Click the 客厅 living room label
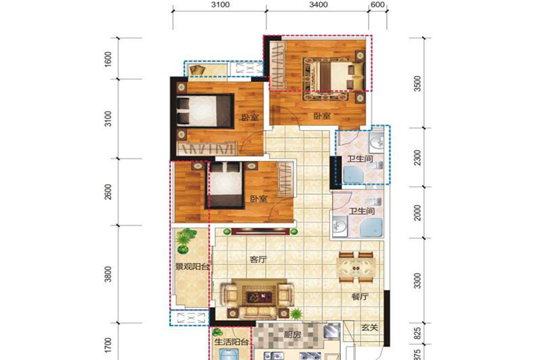coord(258,260)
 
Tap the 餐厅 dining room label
coord(360,296)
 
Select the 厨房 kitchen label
coord(293,334)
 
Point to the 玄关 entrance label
coord(369,328)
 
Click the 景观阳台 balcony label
coord(192,267)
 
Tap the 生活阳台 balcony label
coord(231,342)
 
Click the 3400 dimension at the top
coord(319,5)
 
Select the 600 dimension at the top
coord(378,5)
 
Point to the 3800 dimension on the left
coord(108,275)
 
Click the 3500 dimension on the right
coord(417,83)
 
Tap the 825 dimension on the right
coord(417,333)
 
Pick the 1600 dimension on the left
coord(108,59)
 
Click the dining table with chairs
coord(356,267)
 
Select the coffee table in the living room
coord(259,296)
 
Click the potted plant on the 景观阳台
coord(184,240)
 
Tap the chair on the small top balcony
coord(197,70)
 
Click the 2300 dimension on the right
coord(417,158)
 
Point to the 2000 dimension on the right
coord(417,212)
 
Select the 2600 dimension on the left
coord(108,192)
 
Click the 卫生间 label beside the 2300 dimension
coord(360,159)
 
